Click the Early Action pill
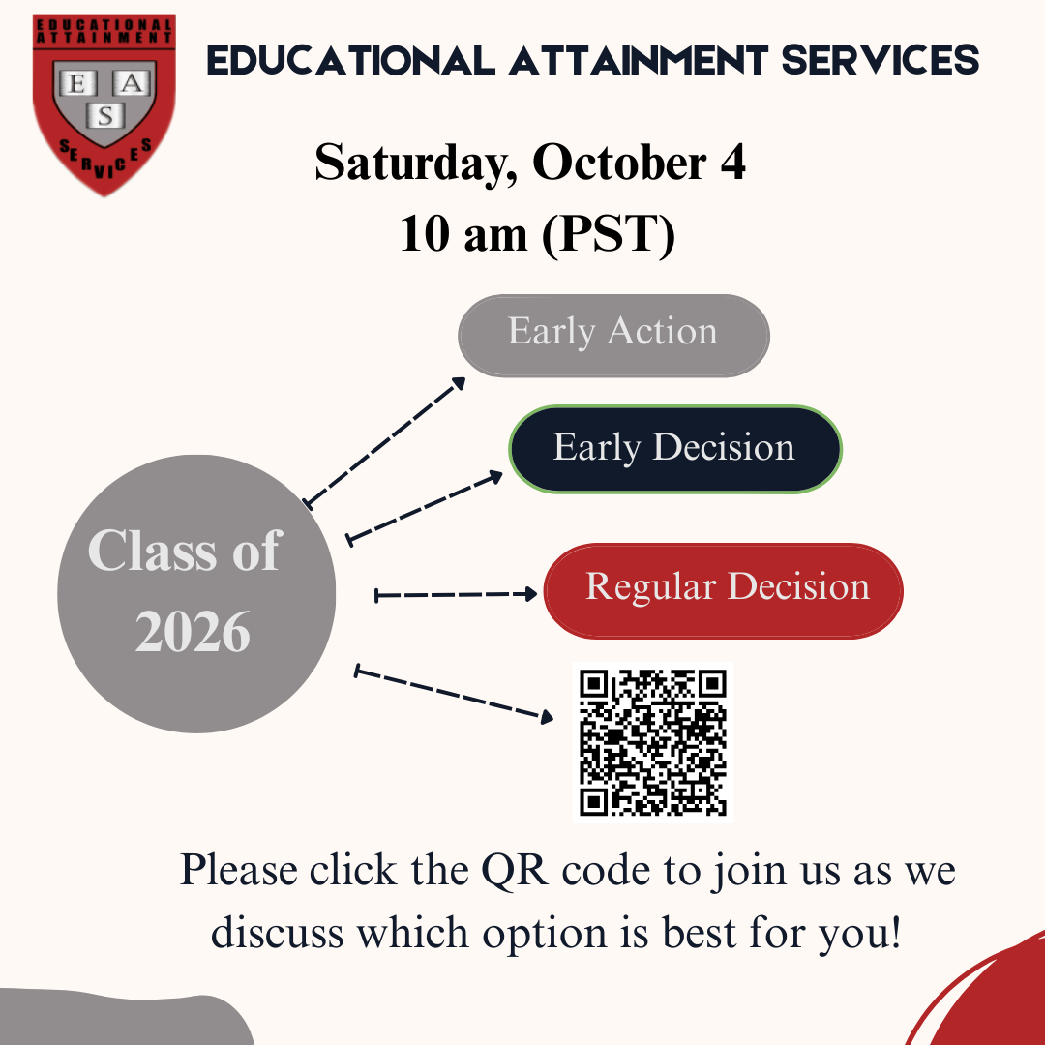[x=613, y=335]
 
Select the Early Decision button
[x=675, y=449]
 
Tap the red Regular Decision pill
[x=723, y=590]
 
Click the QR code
[x=653, y=742]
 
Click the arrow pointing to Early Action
[x=384, y=442]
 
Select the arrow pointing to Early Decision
[x=425, y=508]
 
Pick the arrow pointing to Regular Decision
[x=456, y=594]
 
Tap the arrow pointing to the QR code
[x=454, y=694]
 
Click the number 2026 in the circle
[x=193, y=632]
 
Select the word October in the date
[x=619, y=163]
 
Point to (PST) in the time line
[x=609, y=234]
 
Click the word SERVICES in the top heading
[x=880, y=60]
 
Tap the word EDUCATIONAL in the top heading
[x=351, y=60]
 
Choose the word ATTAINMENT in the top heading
[x=639, y=60]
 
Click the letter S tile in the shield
[x=105, y=117]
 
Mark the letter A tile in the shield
[x=132, y=83]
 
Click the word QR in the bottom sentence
[x=515, y=871]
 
